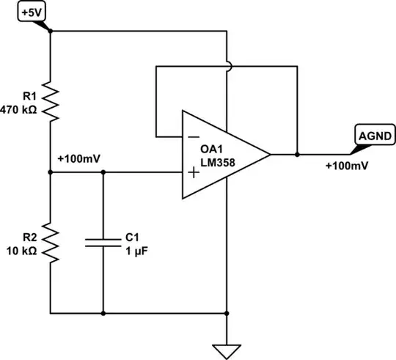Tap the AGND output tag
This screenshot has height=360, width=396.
pos(375,135)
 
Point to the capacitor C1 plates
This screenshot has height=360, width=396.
pos(103,243)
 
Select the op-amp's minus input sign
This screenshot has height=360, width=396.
pos(193,137)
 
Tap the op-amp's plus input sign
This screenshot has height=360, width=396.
pos(193,172)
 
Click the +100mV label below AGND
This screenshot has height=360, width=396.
pos(346,165)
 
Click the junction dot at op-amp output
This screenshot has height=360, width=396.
pos(298,155)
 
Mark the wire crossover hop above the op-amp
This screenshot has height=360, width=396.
pos(228,67)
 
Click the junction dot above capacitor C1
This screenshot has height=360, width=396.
pos(103,172)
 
